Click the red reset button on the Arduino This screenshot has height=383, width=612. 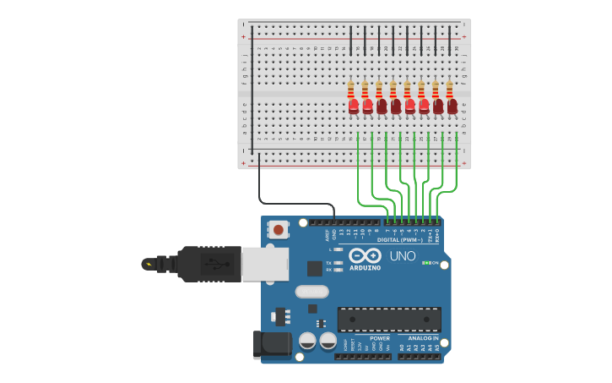278,229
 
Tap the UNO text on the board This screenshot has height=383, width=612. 402,255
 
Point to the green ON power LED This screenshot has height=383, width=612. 425,263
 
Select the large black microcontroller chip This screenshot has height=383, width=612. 389,320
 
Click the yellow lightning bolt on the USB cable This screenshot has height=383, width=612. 149,265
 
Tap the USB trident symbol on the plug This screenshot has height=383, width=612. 212,264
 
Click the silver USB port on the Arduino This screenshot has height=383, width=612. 264,264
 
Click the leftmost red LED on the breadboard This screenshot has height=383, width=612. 354,107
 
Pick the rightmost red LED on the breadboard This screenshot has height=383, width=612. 452,107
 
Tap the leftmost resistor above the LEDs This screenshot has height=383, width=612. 351,89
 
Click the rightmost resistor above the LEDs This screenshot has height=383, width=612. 450,89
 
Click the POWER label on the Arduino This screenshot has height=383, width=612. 380,338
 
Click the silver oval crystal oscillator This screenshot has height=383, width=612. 311,292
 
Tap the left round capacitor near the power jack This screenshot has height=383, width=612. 308,340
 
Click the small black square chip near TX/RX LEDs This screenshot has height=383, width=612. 314,269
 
